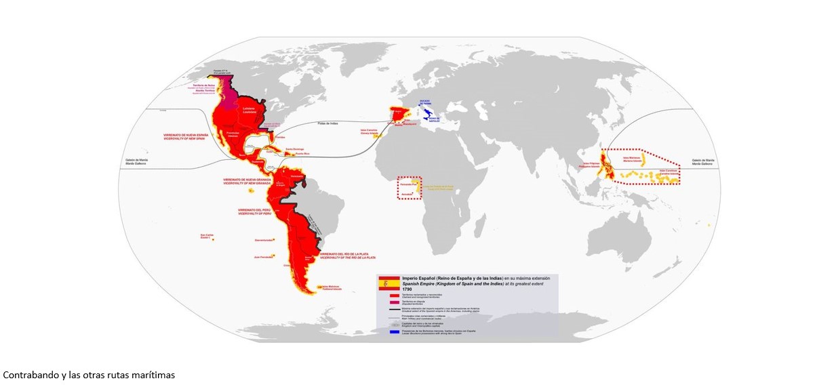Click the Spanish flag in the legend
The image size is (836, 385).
click(388, 283)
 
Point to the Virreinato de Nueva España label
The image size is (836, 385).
click(185, 136)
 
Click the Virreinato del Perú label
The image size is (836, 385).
click(256, 212)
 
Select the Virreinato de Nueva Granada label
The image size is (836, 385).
click(247, 182)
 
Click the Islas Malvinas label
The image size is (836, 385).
click(332, 287)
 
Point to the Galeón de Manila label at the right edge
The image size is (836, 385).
click(702, 163)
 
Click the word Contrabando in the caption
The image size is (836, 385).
click(26, 374)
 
